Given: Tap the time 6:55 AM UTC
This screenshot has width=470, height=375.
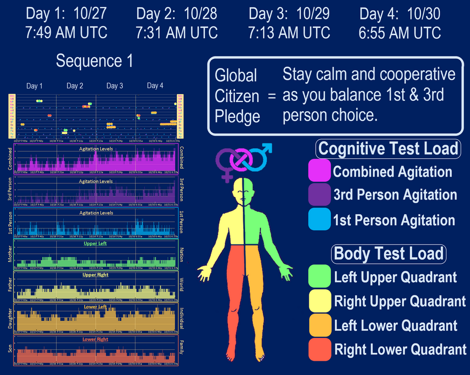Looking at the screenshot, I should [x=400, y=33].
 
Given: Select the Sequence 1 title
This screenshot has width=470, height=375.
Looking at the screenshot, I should [x=95, y=61].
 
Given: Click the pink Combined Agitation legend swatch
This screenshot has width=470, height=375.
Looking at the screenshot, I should [x=319, y=171].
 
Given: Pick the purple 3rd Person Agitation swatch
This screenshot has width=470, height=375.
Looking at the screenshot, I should [x=319, y=195].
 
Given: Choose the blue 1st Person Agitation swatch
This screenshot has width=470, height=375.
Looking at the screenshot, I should [x=319, y=219].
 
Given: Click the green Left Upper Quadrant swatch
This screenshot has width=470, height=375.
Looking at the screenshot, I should [x=319, y=277].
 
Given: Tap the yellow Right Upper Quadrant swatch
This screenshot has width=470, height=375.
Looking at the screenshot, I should [x=319, y=301].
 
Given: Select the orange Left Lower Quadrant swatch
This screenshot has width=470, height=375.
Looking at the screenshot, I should [x=319, y=325].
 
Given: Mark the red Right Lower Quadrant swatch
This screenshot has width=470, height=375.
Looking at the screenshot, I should [x=319, y=349].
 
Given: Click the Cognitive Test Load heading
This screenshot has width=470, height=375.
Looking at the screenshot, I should [x=388, y=148].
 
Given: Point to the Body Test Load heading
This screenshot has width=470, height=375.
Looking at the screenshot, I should [x=389, y=253].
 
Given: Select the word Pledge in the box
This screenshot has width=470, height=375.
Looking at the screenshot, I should [x=237, y=116].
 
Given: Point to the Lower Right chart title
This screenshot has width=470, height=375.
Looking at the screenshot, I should [x=96, y=339].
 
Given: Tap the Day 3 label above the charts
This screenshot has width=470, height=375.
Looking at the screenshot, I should [x=115, y=86].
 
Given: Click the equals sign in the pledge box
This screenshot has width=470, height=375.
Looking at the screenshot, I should [x=271, y=96].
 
